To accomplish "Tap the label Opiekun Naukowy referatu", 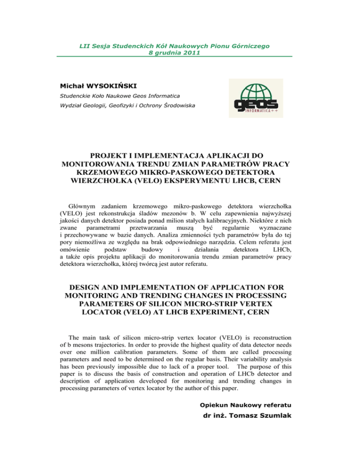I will click(x=253, y=418).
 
